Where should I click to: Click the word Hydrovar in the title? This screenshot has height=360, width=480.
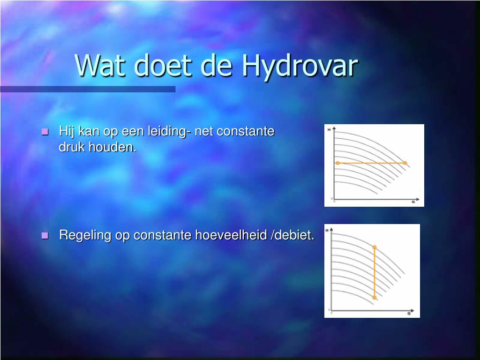(300, 66)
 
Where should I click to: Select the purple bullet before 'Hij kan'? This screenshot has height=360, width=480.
(45, 132)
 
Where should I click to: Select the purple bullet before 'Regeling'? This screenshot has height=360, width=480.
(45, 235)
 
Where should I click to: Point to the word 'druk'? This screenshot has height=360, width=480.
(72, 147)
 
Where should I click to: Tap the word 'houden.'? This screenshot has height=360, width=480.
(112, 147)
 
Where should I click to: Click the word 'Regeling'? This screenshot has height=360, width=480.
(85, 235)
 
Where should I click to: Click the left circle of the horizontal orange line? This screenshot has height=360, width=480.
(337, 163)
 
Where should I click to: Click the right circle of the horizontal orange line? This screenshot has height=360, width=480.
(405, 163)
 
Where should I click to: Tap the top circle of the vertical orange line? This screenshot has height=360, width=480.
(375, 247)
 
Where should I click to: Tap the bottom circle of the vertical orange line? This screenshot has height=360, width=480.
(375, 298)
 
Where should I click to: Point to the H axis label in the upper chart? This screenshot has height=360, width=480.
(329, 130)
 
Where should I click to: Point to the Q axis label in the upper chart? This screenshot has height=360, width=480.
(413, 202)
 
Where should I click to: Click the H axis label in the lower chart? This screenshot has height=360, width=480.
(327, 230)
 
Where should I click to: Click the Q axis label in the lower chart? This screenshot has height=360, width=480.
(409, 313)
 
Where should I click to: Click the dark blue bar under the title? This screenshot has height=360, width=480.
(88, 89)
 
